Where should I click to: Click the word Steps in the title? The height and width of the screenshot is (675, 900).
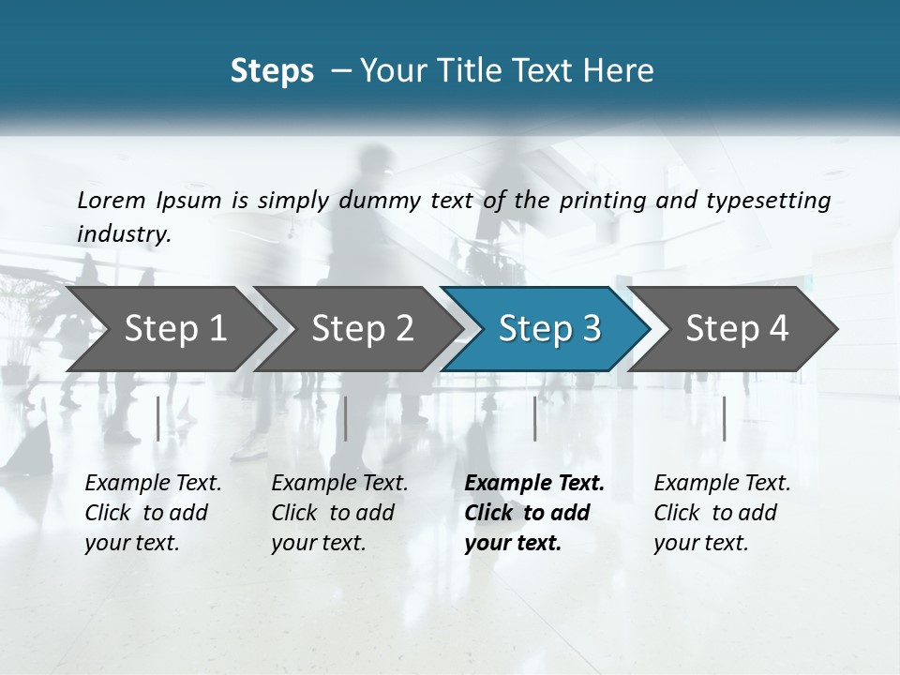(272, 71)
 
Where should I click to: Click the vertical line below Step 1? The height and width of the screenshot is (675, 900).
(158, 418)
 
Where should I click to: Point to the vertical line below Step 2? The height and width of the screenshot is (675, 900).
(346, 418)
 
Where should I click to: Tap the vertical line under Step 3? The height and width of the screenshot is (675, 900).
(534, 418)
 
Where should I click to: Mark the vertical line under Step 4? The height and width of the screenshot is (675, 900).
(724, 418)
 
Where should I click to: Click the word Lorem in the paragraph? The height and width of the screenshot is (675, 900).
(111, 201)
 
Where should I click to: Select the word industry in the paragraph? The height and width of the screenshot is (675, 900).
(123, 234)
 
